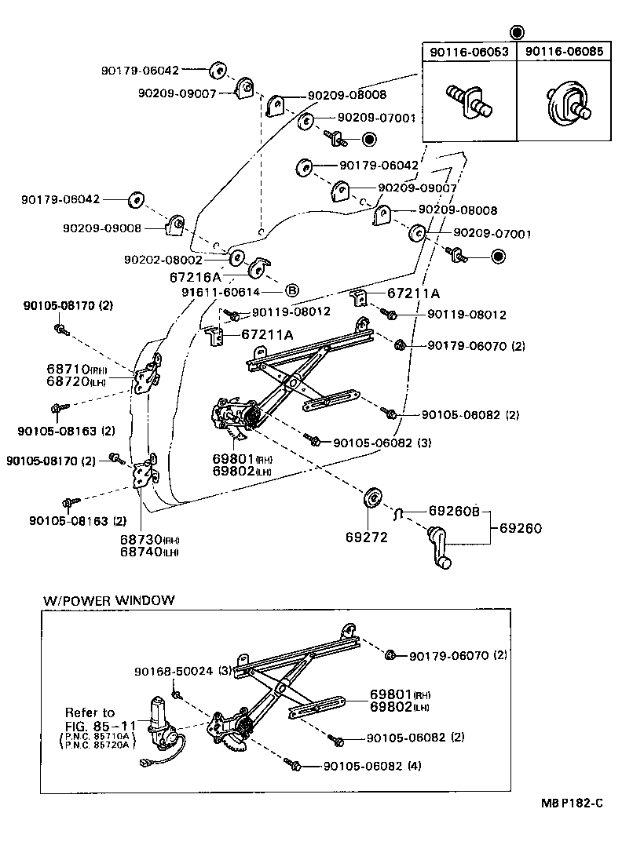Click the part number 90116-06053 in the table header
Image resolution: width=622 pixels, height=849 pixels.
pyautogui.click(x=469, y=52)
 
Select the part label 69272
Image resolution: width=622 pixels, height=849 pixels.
pyautogui.click(x=361, y=538)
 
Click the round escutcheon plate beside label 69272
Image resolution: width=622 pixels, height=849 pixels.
pyautogui.click(x=373, y=498)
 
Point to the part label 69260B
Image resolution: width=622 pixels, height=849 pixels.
pyautogui.click(x=453, y=512)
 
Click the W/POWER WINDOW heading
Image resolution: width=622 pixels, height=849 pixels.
pyautogui.click(x=108, y=600)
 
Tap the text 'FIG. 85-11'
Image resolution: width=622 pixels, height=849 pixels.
pyautogui.click(x=100, y=725)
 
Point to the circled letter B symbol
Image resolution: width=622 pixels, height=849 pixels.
pyautogui.click(x=291, y=290)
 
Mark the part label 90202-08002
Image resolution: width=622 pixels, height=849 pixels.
pyautogui.click(x=163, y=259)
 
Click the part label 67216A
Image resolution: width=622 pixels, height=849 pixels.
pyautogui.click(x=196, y=276)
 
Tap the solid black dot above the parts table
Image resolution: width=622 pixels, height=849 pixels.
pyautogui.click(x=516, y=32)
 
